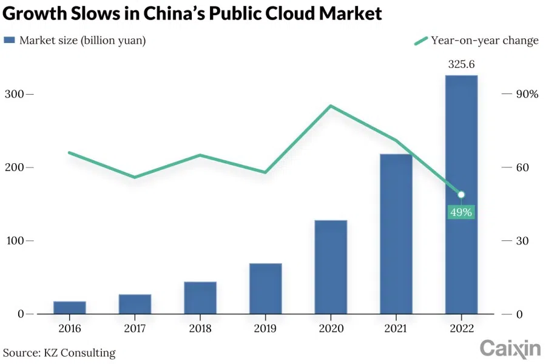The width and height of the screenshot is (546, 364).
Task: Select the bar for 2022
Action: coord(461,194)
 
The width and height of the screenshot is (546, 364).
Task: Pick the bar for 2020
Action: coord(331,267)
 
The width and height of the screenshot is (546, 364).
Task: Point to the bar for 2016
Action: coord(69,308)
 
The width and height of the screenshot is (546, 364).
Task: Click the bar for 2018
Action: coord(200,297)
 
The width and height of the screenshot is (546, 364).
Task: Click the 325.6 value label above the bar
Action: coord(461,64)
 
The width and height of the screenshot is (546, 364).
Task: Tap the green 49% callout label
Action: coord(461,212)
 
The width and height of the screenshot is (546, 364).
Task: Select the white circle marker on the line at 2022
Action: coord(461,195)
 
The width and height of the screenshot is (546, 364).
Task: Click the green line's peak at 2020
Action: coord(331,106)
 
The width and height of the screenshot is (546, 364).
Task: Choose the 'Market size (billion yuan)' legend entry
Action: coord(75,41)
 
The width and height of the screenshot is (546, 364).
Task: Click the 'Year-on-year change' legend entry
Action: coord(476,41)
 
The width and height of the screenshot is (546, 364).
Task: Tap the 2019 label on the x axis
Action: coord(265,328)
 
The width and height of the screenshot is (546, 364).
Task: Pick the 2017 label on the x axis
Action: coord(135,328)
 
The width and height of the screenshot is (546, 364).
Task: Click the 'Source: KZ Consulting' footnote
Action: coord(59,352)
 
